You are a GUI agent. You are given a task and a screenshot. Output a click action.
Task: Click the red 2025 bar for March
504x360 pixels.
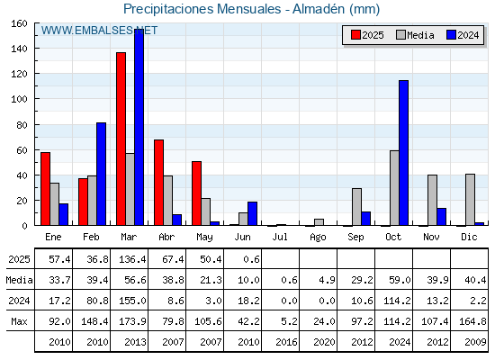[x=121, y=139]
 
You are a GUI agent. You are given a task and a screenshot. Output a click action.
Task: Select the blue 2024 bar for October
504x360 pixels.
[x=404, y=153]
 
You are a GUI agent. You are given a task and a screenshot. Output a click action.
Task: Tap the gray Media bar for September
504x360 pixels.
[x=356, y=207]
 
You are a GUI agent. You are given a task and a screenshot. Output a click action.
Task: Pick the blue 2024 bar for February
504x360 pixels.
[x=101, y=174]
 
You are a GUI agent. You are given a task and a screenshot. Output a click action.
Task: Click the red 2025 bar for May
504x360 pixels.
[x=197, y=193]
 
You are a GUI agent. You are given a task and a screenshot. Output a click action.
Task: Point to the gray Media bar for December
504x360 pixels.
[x=470, y=200]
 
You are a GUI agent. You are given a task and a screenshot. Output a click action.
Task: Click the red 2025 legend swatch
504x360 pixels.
[x=355, y=35]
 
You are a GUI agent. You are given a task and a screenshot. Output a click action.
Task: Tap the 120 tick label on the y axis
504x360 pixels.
[x=19, y=74]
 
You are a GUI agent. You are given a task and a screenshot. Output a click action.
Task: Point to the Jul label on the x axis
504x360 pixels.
[x=280, y=237]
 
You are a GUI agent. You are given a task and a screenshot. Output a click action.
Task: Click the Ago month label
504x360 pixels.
[x=318, y=238]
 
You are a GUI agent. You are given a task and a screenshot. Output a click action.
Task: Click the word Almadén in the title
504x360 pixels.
[x=319, y=9]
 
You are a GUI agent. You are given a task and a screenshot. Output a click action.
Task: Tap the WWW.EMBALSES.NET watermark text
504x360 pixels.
[x=99, y=31]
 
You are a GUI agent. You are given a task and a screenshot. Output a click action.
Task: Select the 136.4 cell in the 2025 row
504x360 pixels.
[x=132, y=259]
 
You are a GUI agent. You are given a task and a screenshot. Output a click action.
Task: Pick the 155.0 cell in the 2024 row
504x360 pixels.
[x=132, y=301]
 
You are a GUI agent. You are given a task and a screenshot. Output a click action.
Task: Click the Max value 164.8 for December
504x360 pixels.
[x=472, y=321]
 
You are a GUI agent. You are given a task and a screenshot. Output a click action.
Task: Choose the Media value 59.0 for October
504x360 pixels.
[x=400, y=280]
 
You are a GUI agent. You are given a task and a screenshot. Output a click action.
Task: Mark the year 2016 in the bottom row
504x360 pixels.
[x=286, y=342]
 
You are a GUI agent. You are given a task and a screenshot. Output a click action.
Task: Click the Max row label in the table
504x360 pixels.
[x=19, y=321]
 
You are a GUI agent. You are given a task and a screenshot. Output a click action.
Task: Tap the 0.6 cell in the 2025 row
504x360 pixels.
[x=251, y=259]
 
